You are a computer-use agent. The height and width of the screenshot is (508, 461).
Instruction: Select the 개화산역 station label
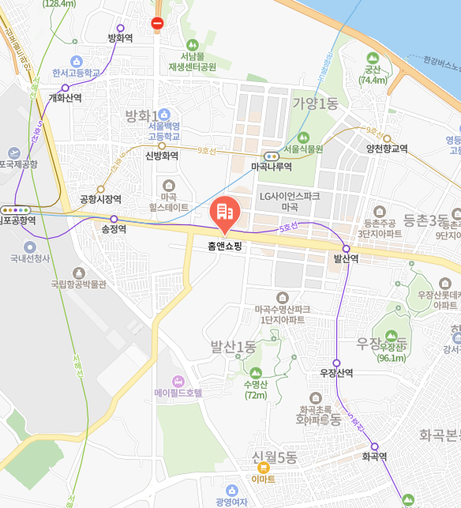tap(65, 98)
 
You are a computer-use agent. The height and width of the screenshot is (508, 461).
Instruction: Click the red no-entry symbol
tap(157, 23)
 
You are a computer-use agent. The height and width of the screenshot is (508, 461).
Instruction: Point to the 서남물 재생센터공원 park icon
tap(192, 45)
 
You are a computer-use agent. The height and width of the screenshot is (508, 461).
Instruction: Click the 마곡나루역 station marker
tap(272, 156)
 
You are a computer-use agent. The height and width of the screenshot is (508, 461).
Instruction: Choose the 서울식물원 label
tap(304, 149)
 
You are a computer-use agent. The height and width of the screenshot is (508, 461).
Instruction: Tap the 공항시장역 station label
tap(100, 199)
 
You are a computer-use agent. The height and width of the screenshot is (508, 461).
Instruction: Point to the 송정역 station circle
tap(114, 219)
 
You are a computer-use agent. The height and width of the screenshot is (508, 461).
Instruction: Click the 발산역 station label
tap(346, 258)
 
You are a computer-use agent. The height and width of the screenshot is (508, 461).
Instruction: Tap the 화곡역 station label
tap(374, 456)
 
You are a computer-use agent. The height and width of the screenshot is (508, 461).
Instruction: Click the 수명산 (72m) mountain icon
tap(255, 373)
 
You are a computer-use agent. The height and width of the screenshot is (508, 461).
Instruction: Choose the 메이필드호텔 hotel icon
tap(177, 382)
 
